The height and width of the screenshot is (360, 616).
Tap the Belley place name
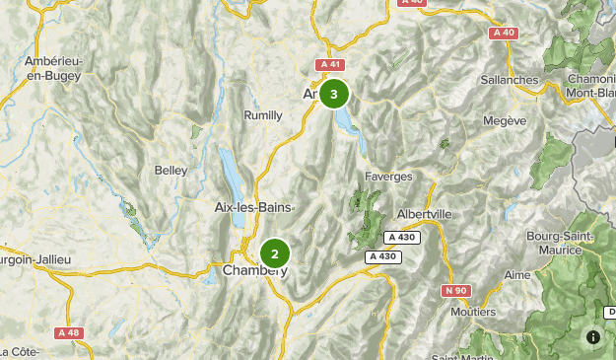click(171, 170)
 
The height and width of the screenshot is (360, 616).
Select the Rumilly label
click(263, 115)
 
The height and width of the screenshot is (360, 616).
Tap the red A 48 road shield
click(68, 332)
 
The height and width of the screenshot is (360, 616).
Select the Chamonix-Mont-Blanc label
click(591, 87)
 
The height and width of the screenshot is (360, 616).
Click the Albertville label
click(423, 214)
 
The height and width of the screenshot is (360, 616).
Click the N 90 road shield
click(455, 290)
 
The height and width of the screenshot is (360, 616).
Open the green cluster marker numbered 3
click(334, 95)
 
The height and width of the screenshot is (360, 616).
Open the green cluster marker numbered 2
click(275, 253)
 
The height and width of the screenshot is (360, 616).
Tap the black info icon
click(592, 336)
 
